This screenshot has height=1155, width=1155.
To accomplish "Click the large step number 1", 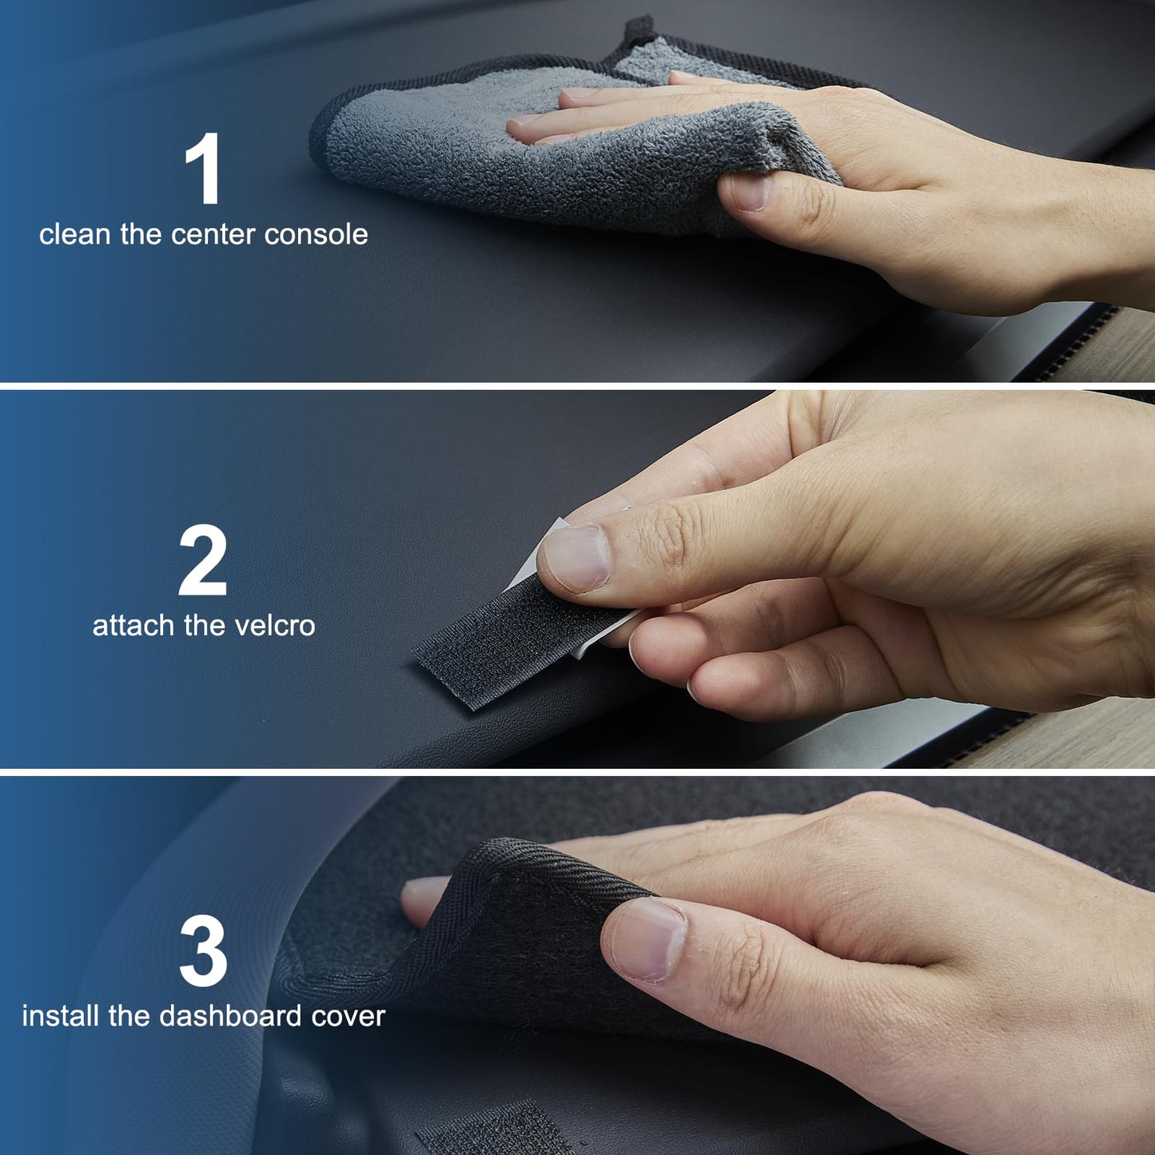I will click(203, 169).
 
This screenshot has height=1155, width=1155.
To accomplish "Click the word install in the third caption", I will click(61, 1016).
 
